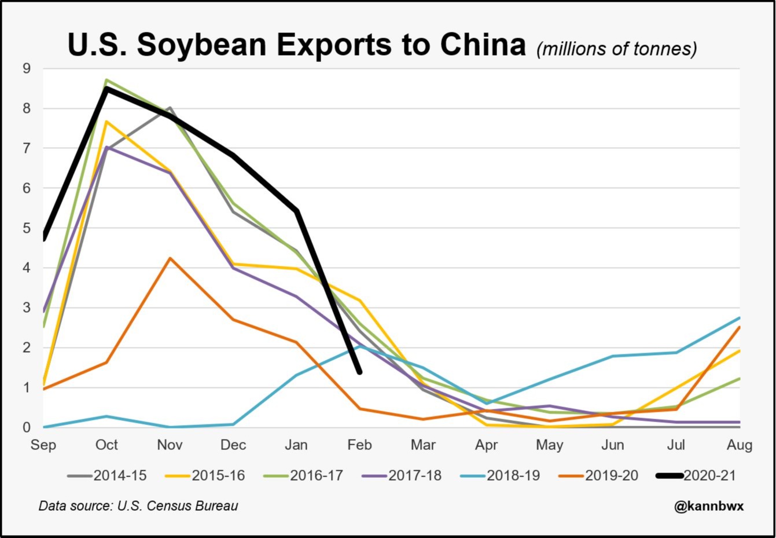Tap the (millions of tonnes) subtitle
(x=616, y=49)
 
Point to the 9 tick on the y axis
(x=27, y=69)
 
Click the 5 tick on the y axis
(x=27, y=228)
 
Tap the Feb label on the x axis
(x=359, y=445)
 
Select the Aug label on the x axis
(x=740, y=445)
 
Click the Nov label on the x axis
(x=170, y=445)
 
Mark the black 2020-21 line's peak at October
(x=106, y=88)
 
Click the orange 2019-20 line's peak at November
(x=170, y=258)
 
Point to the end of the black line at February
(x=359, y=372)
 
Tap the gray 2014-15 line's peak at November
(x=170, y=108)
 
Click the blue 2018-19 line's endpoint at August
(x=740, y=317)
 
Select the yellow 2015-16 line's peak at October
(x=106, y=121)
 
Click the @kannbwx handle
(x=709, y=506)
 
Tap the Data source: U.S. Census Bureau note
(x=138, y=506)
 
